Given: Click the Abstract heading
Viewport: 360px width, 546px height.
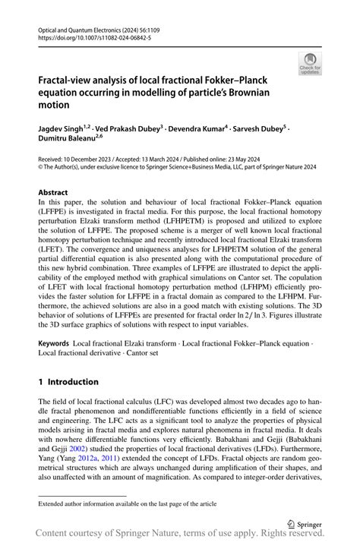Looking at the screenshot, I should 55,193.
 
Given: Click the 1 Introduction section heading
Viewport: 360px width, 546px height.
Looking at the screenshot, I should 68,382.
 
